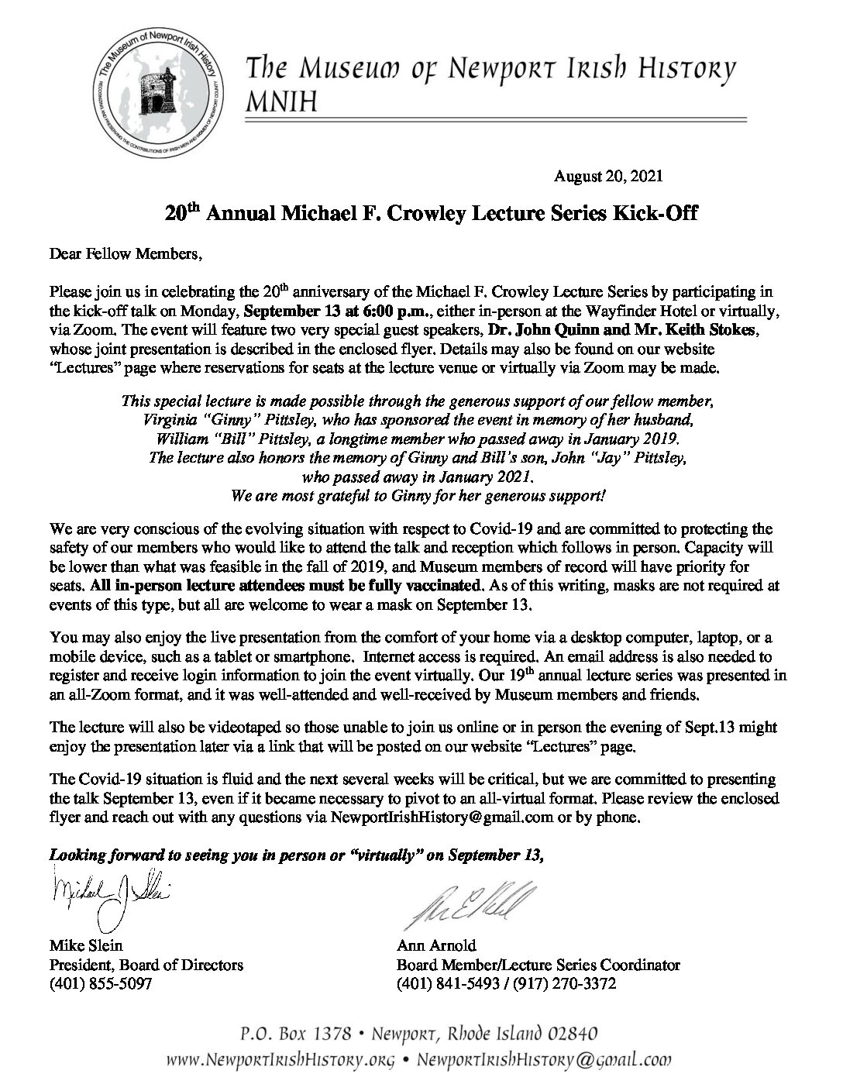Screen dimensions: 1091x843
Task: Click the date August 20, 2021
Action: (x=608, y=177)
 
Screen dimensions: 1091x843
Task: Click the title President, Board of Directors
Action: (x=146, y=965)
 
